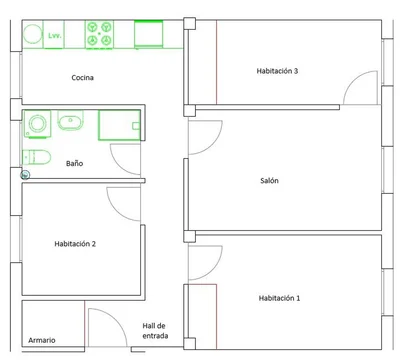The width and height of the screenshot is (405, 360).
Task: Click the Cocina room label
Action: [x=82, y=78]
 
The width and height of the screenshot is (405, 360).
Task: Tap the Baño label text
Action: [x=74, y=163]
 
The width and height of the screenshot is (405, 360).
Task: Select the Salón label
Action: [x=269, y=181]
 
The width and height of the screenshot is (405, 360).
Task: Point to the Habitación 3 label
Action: [x=277, y=71]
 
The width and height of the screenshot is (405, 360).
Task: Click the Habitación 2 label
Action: [x=75, y=244]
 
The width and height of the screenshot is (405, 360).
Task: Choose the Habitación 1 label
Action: [x=279, y=298]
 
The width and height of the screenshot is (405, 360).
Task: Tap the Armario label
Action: [x=42, y=340]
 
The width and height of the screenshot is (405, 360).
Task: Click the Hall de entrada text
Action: [x=155, y=331]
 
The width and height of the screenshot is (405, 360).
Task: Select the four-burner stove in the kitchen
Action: [x=99, y=35]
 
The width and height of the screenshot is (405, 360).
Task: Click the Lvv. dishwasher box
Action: [x=54, y=35]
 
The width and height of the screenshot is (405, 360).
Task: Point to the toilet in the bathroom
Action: [x=36, y=157]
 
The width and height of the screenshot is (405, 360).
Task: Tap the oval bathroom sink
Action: [x=71, y=120]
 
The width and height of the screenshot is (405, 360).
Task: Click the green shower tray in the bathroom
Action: [x=119, y=125]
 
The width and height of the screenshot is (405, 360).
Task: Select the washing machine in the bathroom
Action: [x=37, y=124]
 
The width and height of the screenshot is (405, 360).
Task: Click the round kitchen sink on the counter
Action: [x=32, y=34]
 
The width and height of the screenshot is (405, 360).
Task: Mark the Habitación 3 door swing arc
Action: [x=354, y=80]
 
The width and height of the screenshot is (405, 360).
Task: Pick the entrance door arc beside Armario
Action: [x=117, y=318]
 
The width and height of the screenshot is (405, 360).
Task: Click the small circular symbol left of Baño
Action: [x=25, y=175]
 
